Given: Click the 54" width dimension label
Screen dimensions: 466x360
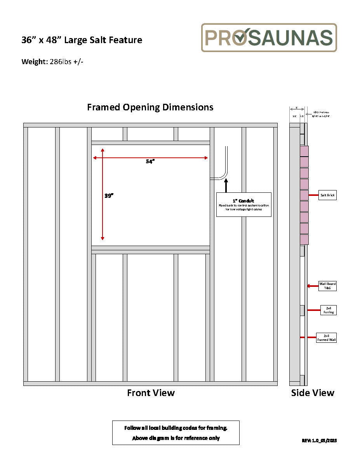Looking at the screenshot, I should point(150,162).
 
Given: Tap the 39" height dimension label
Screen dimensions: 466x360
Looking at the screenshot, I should point(109,196).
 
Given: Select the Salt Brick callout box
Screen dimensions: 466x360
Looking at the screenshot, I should point(327,195).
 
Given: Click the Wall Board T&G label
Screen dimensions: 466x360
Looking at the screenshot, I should point(327,286).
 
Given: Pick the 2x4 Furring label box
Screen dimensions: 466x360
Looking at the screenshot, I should point(328,310).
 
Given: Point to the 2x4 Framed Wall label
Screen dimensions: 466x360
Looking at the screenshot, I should point(326,337).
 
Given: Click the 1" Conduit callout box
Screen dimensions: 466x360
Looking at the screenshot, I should point(243,204).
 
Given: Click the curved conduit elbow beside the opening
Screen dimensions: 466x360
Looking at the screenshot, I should point(224,175).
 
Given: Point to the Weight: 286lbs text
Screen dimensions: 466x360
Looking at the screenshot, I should point(52,61).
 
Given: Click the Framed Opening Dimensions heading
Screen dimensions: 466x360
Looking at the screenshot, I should point(150,107).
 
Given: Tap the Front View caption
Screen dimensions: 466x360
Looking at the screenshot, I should point(151,393).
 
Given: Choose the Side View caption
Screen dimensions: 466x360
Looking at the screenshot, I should point(313,393).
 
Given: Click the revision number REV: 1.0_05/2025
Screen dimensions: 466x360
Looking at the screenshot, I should point(319,440).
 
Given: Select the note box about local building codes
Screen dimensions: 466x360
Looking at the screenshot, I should point(176,433).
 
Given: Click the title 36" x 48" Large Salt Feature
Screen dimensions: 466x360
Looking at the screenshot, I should point(82,40).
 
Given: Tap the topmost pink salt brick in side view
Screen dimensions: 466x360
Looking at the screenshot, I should point(304,151).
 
